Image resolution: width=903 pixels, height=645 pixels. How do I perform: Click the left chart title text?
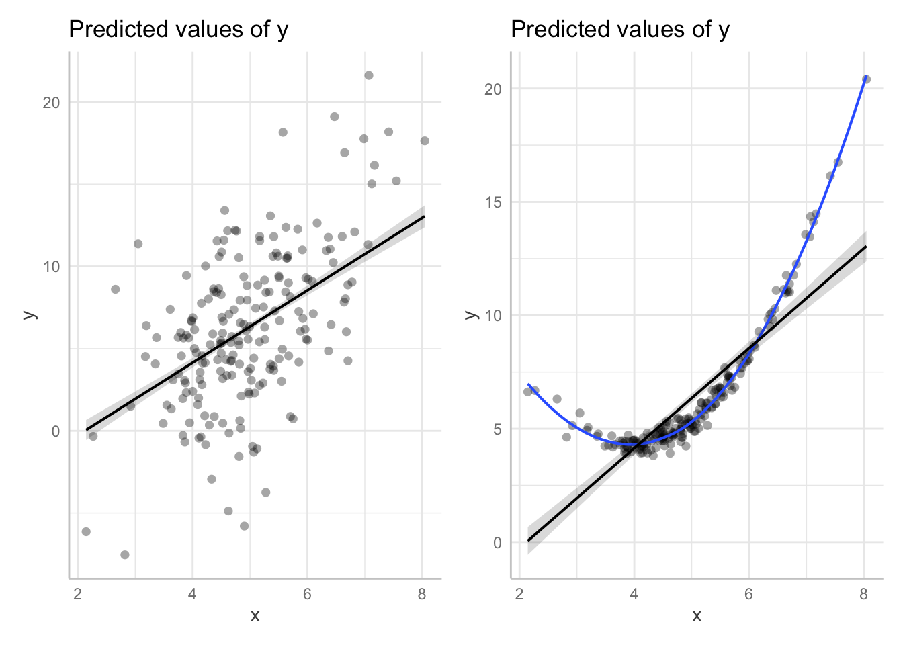click(178, 30)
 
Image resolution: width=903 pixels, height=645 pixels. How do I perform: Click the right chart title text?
click(619, 30)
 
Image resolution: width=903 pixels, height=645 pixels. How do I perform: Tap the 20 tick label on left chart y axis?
click(52, 103)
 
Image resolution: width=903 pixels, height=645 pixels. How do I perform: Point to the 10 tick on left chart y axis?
click(52, 267)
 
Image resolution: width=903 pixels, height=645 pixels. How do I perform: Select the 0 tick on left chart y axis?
click(56, 431)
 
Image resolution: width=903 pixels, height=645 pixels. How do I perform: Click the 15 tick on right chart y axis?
click(493, 202)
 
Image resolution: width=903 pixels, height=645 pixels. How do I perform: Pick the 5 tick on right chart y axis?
click(497, 429)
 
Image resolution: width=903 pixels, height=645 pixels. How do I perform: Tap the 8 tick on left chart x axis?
click(422, 594)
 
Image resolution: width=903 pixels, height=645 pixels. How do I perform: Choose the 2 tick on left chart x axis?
click(78, 594)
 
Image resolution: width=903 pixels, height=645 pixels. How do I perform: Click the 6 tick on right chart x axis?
click(748, 594)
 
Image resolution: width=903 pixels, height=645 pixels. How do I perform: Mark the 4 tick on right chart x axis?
click(634, 594)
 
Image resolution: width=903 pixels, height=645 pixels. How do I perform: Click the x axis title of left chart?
click(255, 616)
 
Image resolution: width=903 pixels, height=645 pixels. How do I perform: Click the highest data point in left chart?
click(368, 75)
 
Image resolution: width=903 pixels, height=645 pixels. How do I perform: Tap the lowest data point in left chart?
click(124, 554)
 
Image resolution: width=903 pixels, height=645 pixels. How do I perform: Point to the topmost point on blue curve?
click(867, 77)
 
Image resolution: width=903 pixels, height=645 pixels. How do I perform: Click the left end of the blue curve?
click(528, 384)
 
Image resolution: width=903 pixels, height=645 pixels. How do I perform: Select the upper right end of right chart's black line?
click(866, 247)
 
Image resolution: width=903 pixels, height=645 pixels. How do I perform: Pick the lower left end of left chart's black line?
click(86, 429)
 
